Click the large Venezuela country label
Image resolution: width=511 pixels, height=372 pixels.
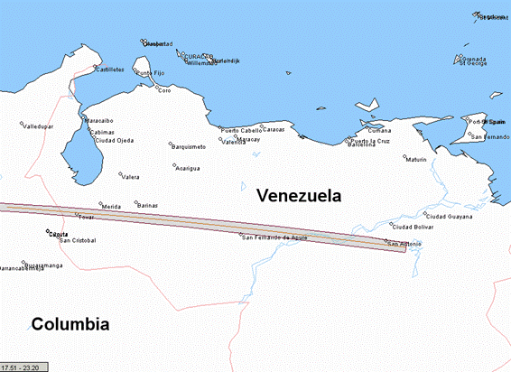point(298,195)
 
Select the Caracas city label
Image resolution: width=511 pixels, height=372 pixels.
point(274,130)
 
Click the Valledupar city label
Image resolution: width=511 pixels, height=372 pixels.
point(38,126)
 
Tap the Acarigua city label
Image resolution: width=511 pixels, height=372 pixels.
point(188,168)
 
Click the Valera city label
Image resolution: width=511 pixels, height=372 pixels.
point(131,177)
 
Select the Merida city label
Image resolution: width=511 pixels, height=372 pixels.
point(111,207)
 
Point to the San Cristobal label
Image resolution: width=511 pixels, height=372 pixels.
point(78,240)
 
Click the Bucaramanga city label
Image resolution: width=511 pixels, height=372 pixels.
point(44,265)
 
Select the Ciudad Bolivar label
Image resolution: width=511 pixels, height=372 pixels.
point(410,226)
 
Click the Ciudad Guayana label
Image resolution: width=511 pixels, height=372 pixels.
point(448,217)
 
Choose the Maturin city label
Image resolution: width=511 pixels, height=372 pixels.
point(416,160)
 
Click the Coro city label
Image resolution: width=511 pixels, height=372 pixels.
point(163,90)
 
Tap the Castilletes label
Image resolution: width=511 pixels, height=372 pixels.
point(111,69)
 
